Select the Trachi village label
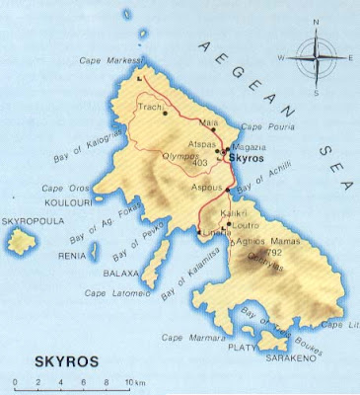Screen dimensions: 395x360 (150, 106)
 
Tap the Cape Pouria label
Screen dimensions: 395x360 (263, 126)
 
